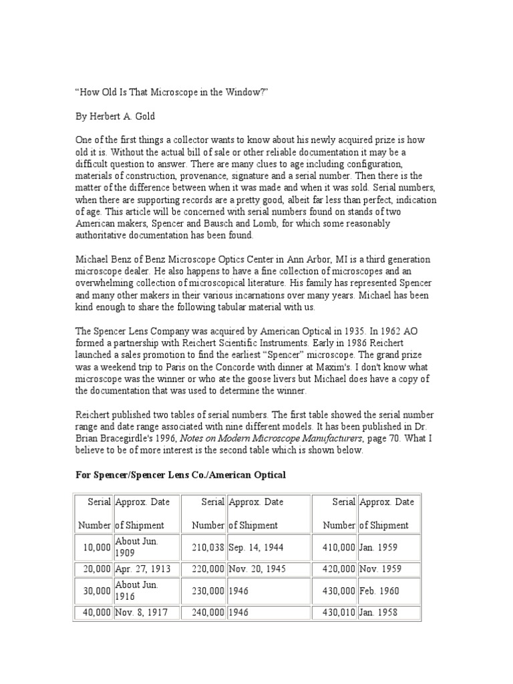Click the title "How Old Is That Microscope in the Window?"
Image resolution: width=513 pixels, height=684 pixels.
[x=172, y=93]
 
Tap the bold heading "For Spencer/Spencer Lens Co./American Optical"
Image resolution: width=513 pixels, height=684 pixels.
[x=180, y=474]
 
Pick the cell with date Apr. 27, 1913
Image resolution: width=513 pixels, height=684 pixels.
[x=142, y=569]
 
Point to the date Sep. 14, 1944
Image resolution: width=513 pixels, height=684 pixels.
[x=256, y=547]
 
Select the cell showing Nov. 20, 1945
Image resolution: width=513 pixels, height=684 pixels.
[x=256, y=569]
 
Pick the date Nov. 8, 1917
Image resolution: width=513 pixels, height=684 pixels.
[x=141, y=613]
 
